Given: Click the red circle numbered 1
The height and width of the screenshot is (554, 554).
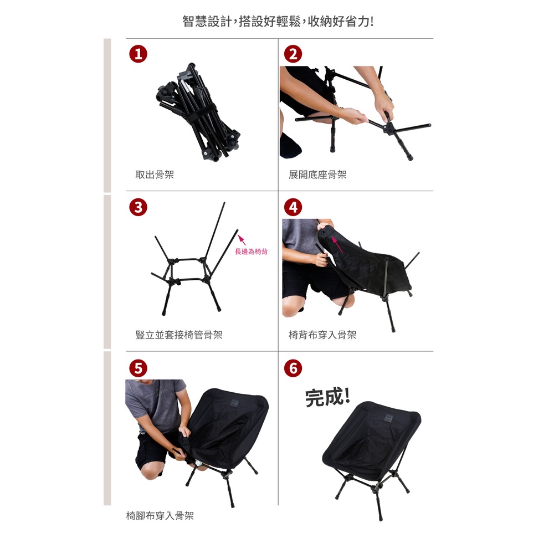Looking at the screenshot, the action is [x=138, y=54].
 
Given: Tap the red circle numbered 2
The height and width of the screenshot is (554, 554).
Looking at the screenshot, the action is [x=293, y=54].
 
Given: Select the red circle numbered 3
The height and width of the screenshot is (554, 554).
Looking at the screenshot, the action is [x=138, y=207].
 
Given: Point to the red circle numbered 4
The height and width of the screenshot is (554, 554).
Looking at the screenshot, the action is [x=293, y=207].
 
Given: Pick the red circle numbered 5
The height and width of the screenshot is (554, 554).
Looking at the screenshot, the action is [x=138, y=368].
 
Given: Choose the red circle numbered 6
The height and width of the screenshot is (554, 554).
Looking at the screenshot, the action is [x=293, y=368].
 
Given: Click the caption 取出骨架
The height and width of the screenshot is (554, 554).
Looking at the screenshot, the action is [x=155, y=175].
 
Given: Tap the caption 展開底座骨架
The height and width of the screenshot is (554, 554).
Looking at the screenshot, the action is [x=317, y=175].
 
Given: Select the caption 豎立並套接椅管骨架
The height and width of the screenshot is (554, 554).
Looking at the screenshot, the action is [x=179, y=335].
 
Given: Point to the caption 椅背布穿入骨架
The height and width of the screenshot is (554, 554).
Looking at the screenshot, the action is [x=322, y=335].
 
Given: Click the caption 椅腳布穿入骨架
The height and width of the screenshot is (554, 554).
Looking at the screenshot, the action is [x=160, y=516].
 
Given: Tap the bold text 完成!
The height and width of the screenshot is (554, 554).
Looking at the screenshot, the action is [x=327, y=397].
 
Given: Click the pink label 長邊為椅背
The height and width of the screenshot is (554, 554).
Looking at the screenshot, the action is [x=251, y=252].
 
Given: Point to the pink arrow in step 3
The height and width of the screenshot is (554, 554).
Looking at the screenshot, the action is [x=242, y=240].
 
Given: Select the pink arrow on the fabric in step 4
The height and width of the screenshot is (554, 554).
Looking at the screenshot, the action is [x=337, y=244].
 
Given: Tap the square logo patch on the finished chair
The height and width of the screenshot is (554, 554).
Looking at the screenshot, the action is [x=392, y=418].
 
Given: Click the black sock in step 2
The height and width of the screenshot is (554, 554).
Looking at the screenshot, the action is [x=290, y=145].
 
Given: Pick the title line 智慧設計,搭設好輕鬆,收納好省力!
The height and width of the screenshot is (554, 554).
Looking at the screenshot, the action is [x=278, y=21].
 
